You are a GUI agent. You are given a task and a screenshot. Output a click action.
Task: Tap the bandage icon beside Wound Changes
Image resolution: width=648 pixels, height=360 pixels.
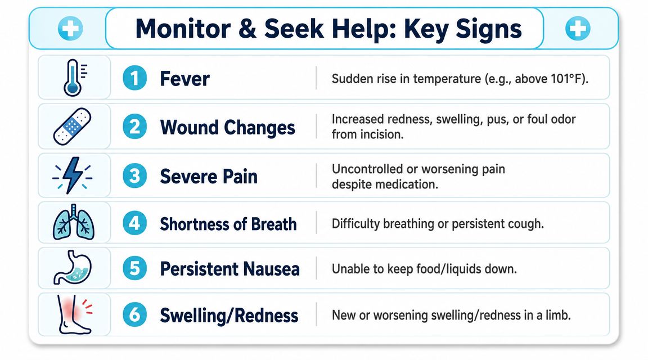click(73, 127)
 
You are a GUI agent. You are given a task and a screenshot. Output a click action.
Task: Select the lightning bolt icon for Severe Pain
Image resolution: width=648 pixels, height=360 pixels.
click(73, 175)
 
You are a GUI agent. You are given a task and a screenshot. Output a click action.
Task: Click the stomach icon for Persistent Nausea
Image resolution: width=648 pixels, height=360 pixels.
click(73, 267)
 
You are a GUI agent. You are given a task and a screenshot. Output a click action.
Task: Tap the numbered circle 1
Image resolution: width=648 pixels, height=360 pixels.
click(135, 78)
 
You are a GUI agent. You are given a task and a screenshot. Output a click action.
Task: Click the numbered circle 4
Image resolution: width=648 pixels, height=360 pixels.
click(135, 223)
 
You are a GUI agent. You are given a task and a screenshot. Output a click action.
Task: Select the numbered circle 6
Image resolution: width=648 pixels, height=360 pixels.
click(135, 315)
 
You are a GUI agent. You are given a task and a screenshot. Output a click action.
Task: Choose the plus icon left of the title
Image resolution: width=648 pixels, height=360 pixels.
click(70, 29)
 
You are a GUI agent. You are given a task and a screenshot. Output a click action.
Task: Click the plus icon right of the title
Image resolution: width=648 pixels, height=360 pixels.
click(577, 29)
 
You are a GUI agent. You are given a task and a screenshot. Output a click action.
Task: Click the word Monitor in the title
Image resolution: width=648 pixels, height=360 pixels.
click(183, 29)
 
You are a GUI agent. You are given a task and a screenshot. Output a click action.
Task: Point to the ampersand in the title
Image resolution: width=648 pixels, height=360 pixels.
click(247, 29)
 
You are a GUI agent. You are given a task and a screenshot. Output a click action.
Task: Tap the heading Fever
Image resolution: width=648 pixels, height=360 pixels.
click(184, 79)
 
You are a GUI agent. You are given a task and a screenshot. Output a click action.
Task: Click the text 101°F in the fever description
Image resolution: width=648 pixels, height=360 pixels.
click(566, 79)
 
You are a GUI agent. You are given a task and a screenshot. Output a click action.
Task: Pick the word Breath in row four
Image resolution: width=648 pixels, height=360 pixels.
click(273, 224)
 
